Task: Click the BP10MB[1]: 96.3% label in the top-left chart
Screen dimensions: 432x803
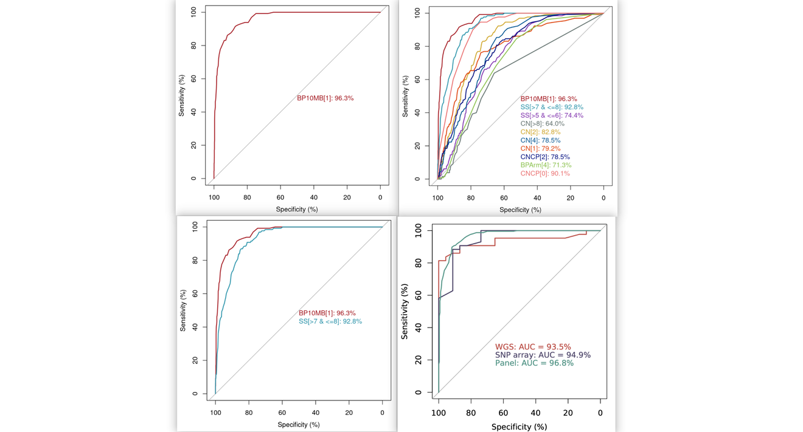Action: coord(325,98)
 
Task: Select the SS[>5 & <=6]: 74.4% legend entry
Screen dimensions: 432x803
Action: coord(551,115)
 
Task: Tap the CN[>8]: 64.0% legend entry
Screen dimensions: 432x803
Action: coord(542,124)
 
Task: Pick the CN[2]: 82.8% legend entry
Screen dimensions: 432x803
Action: coord(540,132)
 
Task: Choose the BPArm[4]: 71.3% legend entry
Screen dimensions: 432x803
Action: coord(546,165)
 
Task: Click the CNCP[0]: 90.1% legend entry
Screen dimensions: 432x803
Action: coord(545,174)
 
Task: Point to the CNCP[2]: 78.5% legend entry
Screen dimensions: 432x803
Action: coord(544,157)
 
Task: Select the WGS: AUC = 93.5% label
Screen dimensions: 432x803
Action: coord(532,347)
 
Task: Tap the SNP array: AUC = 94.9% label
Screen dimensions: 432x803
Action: coord(542,355)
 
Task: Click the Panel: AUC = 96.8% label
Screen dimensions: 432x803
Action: coord(534,363)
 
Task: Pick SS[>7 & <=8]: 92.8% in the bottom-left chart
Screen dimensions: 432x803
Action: coord(330,321)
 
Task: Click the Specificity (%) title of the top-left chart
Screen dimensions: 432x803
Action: coord(297,210)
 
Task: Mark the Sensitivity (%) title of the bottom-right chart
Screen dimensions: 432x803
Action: coord(405,311)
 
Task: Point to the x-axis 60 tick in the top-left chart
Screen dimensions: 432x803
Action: coord(280,197)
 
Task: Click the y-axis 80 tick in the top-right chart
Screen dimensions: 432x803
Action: coord(417,46)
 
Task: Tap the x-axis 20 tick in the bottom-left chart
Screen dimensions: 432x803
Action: coord(349,413)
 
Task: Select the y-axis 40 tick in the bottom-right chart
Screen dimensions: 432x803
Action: coord(419,327)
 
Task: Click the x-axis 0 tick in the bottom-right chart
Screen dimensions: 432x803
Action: coord(600,413)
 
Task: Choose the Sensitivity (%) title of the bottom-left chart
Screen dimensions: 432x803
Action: coord(182,310)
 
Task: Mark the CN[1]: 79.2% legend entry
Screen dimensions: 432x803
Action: coord(540,149)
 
